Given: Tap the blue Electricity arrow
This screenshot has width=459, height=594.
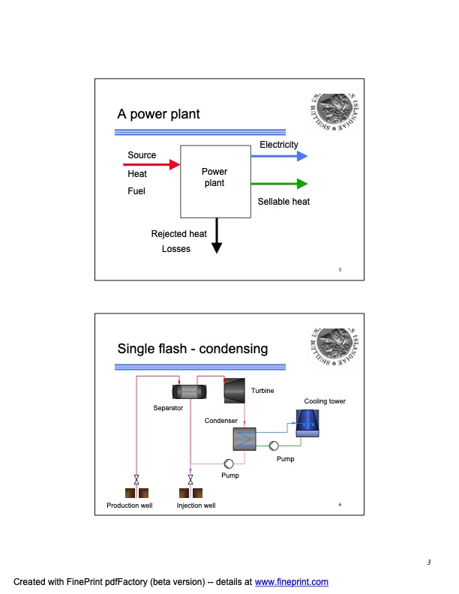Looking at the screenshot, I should (x=278, y=156).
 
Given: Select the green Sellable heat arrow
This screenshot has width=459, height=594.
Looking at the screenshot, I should (x=278, y=184).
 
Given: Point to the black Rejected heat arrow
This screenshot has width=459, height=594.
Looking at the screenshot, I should (x=217, y=235).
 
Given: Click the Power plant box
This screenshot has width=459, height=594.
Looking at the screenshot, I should (x=214, y=181).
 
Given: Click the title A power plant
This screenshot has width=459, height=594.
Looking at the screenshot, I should (x=158, y=115).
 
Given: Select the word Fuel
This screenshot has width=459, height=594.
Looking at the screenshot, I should (x=136, y=191).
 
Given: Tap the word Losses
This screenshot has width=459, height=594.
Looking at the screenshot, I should (x=176, y=249).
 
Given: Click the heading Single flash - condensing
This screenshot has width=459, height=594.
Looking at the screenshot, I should (x=192, y=349).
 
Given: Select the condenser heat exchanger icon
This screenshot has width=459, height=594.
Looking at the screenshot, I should (x=245, y=439).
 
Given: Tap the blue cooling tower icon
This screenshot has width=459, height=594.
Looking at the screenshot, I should (x=307, y=424).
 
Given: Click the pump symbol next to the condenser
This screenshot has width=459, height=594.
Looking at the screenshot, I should (x=274, y=445).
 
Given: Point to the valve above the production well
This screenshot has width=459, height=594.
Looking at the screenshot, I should (x=136, y=479).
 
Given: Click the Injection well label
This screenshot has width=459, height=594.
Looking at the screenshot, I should (x=196, y=505).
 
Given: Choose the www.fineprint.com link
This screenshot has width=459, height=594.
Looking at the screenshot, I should (x=292, y=582).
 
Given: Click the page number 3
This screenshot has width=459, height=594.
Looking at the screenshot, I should (x=428, y=563).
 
